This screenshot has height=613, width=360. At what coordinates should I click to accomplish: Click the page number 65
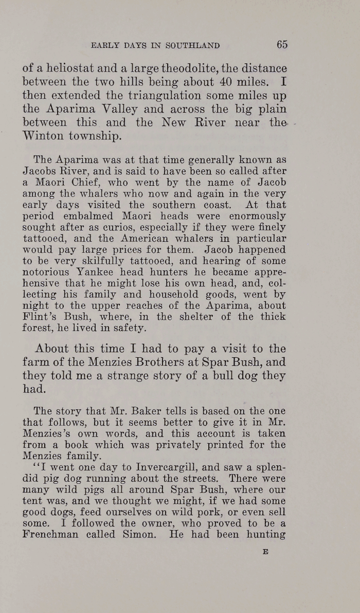(282, 45)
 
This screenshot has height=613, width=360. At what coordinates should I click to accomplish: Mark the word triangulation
(140, 95)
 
